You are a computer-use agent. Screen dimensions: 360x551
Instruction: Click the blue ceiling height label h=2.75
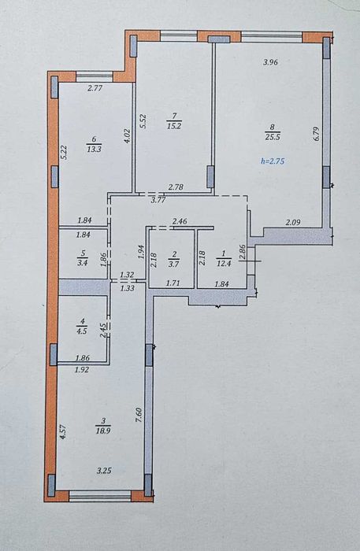[273, 161]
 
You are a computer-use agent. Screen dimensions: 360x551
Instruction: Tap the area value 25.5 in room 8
[273, 137]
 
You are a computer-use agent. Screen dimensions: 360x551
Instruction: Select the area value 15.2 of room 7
[174, 126]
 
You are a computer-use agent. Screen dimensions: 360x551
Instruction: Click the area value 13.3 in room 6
[95, 149]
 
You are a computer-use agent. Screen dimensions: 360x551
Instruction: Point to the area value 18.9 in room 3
[103, 431]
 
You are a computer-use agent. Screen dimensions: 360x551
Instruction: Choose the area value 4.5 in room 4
[82, 331]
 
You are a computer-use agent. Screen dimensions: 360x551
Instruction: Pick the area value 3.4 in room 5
[82, 262]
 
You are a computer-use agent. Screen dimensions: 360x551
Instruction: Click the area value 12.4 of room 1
[224, 263]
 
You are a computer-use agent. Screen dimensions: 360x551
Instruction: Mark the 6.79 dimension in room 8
[316, 134]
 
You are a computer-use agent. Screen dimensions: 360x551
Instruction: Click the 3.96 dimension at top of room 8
[271, 62]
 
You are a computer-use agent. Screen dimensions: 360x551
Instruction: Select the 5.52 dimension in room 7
[143, 121]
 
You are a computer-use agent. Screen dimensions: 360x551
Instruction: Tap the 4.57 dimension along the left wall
[63, 432]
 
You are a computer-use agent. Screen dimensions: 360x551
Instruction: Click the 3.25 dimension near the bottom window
[104, 471]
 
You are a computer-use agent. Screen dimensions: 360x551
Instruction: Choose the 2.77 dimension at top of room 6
[95, 88]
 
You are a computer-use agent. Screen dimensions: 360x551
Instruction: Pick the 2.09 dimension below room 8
[293, 222]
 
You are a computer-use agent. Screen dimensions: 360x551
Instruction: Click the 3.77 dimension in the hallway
[158, 200]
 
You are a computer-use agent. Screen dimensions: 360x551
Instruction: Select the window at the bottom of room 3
[100, 495]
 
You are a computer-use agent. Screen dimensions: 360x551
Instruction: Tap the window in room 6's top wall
[95, 76]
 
